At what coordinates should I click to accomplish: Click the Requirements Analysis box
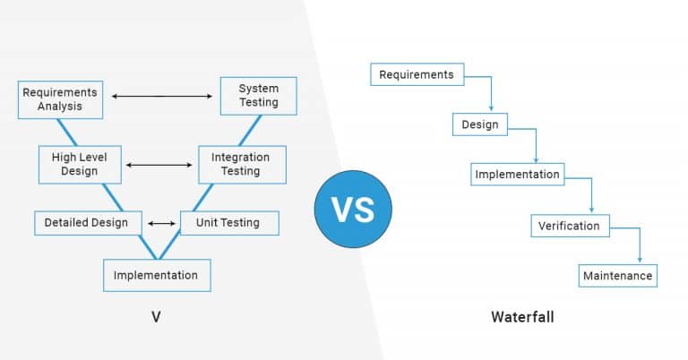pos(60,99)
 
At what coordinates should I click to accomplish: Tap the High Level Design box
pos(80,164)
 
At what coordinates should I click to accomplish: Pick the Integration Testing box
pos(241,164)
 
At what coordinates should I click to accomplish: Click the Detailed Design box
pos(86,222)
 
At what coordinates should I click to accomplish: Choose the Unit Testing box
pos(229,222)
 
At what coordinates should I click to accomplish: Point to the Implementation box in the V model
pos(156,274)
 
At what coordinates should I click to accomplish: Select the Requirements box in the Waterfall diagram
pos(417,74)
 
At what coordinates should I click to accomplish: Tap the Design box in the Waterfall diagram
pos(480,124)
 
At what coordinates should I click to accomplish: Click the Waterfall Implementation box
pos(517,175)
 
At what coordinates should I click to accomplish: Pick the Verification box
pos(570,226)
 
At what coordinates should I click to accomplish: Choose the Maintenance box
pos(617,276)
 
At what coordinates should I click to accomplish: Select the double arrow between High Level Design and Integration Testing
pos(162,165)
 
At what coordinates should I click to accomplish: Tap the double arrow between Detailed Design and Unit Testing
pos(162,223)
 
